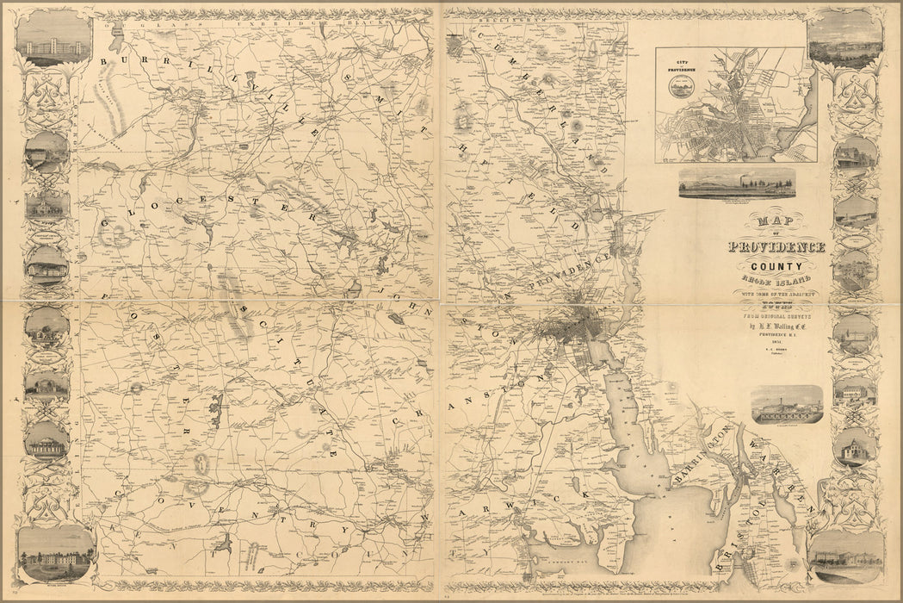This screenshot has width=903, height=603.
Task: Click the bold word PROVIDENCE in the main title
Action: (x=776, y=247)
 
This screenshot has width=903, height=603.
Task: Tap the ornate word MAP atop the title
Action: (x=775, y=224)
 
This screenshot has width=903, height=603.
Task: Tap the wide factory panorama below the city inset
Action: (x=736, y=183)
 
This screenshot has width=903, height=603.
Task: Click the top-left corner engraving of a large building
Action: (x=53, y=39)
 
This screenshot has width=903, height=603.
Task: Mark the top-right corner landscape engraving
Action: (x=845, y=39)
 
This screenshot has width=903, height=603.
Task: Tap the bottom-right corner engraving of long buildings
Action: (x=846, y=553)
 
